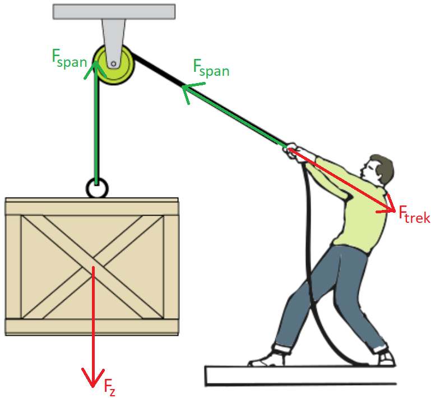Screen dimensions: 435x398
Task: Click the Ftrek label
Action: click(414, 214)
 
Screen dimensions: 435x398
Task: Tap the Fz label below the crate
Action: click(109, 387)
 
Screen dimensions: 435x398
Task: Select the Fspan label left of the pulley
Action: click(70, 58)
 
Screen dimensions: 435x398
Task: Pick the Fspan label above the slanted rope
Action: click(211, 68)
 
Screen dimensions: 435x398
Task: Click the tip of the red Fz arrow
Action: click(92, 387)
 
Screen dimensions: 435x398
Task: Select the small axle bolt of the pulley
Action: click(113, 64)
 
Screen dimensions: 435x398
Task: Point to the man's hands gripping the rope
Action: click(291, 151)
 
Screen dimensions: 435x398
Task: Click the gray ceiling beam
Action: click(114, 12)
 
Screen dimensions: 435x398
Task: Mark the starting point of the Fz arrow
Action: click(93, 267)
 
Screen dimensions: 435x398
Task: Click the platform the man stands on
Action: click(300, 376)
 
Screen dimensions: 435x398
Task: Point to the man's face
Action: click(368, 170)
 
